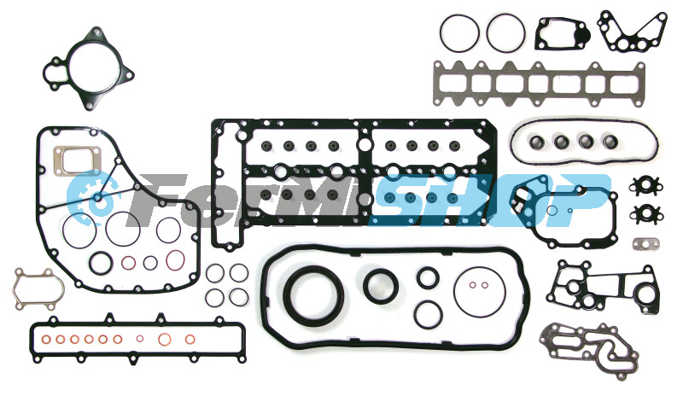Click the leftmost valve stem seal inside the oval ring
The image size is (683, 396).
point(536,142)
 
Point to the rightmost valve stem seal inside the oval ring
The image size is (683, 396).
point(610,142)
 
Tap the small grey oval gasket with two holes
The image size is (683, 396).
point(646,244)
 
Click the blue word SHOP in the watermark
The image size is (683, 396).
point(487,201)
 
